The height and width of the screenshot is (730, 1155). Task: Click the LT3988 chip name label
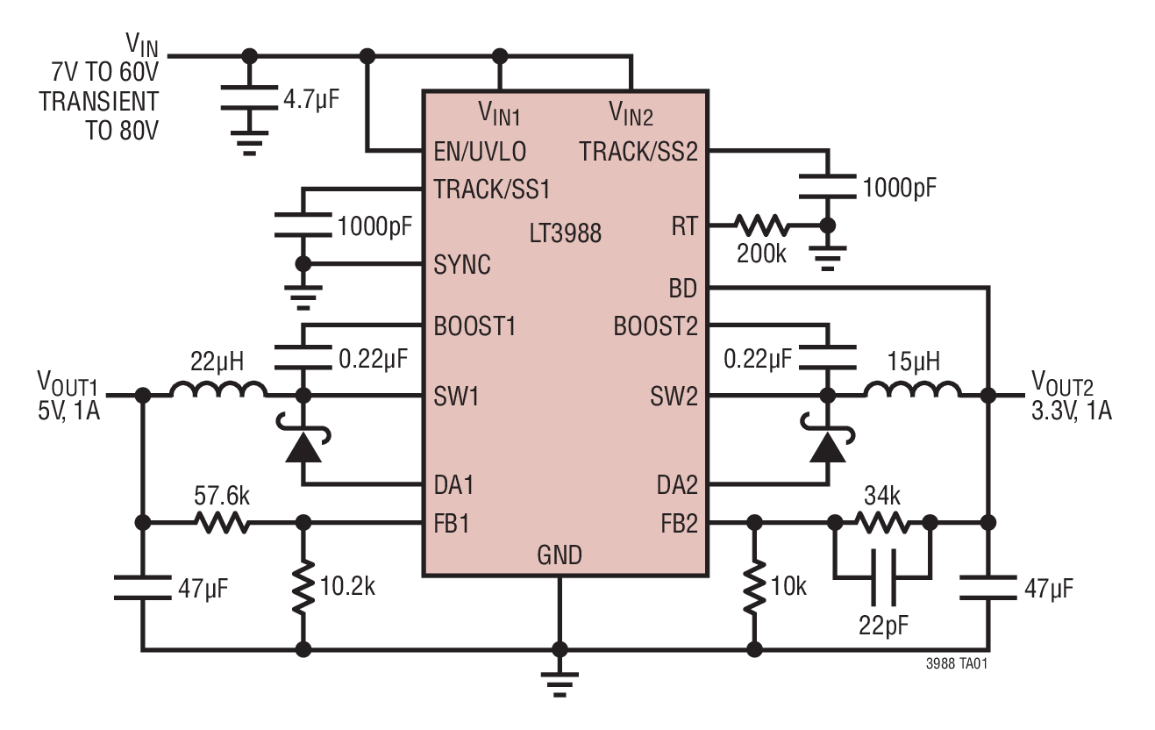click(x=566, y=234)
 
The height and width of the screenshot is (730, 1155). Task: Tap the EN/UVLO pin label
click(x=480, y=152)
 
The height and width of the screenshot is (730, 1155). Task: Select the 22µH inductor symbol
click(x=218, y=390)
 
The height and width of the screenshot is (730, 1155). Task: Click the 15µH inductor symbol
click(x=913, y=390)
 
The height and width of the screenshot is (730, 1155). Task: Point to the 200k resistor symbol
click(x=761, y=225)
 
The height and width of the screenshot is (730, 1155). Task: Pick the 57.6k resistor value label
click(x=221, y=497)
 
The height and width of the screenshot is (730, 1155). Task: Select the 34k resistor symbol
click(x=881, y=524)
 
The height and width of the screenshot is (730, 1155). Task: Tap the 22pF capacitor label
click(x=881, y=625)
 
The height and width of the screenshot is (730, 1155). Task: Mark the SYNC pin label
click(x=462, y=265)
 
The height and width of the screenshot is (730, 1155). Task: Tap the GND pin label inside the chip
click(x=560, y=555)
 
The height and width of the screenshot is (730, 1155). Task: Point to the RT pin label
click(x=683, y=226)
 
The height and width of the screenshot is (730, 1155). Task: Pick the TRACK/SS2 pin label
click(x=638, y=152)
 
